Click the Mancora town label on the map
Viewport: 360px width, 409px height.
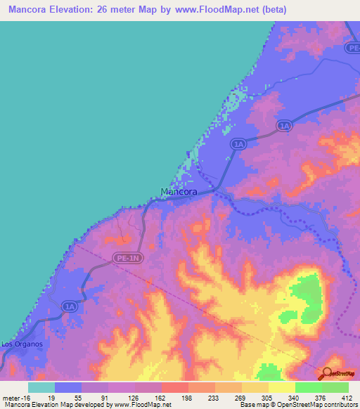(179, 191)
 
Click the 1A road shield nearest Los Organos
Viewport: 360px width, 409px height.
(69, 306)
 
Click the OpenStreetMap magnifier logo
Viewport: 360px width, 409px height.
(328, 374)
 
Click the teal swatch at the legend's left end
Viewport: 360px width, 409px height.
(41, 387)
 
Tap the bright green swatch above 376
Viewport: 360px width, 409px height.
(309, 387)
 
